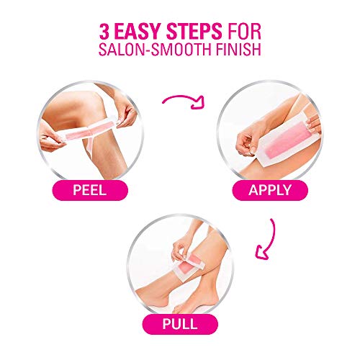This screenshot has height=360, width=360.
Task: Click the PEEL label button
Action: [x=90, y=190]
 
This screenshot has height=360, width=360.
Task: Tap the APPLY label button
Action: [x=270, y=190]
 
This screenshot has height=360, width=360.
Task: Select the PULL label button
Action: [x=180, y=324]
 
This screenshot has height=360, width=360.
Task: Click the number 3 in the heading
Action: [x=104, y=31]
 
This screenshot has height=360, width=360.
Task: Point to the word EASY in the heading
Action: [x=137, y=31]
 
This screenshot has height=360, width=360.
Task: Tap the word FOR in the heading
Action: [x=244, y=31]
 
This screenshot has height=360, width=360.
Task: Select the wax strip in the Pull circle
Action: [x=189, y=266]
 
